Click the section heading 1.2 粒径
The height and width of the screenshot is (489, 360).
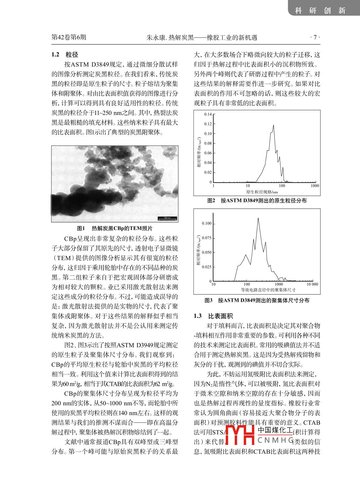pyautogui.click(x=65, y=54)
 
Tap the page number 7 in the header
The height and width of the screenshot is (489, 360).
pyautogui.click(x=315, y=37)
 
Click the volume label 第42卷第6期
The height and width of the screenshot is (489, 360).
pyautogui.click(x=69, y=37)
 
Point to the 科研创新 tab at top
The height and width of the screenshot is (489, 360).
pyautogui.click(x=320, y=10)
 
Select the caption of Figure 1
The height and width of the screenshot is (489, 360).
pyautogui.click(x=115, y=229)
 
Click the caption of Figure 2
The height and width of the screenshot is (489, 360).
pyautogui.click(x=257, y=201)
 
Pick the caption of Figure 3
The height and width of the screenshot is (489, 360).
pyautogui.click(x=257, y=300)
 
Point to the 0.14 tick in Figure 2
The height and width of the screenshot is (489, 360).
pyautogui.click(x=208, y=114)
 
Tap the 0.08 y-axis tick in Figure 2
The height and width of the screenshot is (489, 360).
pyautogui.click(x=208, y=144)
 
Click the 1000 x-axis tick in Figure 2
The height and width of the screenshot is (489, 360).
pyautogui.click(x=315, y=186)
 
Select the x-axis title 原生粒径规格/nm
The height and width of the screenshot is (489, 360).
pyautogui.click(x=262, y=192)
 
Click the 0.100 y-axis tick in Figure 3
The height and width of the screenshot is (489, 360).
pyautogui.click(x=207, y=223)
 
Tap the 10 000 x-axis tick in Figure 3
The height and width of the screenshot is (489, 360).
pyautogui.click(x=312, y=284)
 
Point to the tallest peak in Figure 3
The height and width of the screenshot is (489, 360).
pyautogui.click(x=258, y=218)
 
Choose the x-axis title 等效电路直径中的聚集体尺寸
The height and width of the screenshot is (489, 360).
pyautogui.click(x=268, y=290)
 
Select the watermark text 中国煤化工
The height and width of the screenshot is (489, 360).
pyautogui.click(x=275, y=431)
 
